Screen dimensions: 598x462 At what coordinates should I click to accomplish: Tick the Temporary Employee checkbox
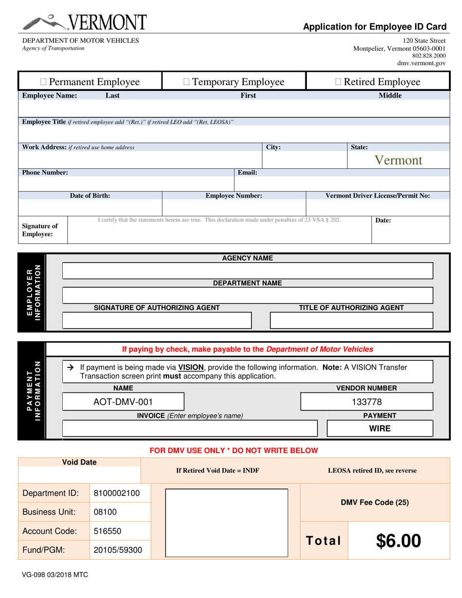coord(187,82)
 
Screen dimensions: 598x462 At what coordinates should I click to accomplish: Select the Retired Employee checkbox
coord(338,82)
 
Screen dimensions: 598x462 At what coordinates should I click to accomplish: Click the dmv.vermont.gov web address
coord(421,63)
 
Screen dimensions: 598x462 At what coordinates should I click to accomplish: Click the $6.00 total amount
coord(398,541)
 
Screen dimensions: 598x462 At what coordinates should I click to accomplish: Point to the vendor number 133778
coord(367,402)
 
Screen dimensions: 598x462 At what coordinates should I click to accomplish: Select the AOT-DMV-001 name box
coord(123,402)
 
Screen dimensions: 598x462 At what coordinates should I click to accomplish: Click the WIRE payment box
coord(380,428)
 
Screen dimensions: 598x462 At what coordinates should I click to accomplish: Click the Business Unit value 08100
coord(105,512)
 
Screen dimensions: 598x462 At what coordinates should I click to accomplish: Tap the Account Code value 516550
coord(107,531)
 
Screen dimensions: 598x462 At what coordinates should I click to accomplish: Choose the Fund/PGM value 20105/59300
coord(118,550)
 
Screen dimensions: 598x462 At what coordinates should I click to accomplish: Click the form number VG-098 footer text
coord(54,574)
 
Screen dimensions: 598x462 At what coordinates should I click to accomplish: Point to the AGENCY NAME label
coord(248,258)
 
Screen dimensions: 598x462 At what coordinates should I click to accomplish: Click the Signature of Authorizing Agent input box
coord(157,320)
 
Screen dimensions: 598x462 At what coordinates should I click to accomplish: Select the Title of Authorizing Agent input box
coord(351,320)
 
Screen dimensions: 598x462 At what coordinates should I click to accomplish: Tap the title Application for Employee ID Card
coord(374,27)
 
